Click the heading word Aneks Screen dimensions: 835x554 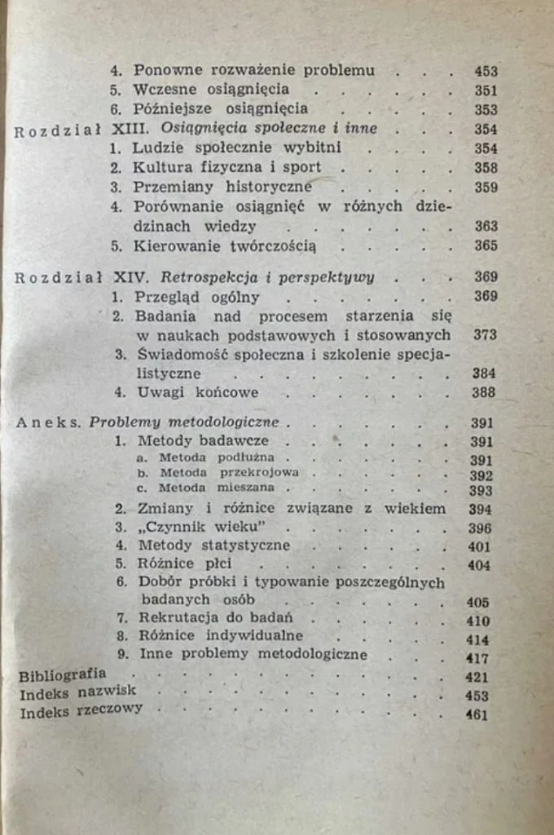click(49, 422)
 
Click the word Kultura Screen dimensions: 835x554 click(164, 167)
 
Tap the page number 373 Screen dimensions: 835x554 click(485, 334)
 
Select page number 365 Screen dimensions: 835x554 click(486, 245)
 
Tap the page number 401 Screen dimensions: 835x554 click(481, 546)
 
